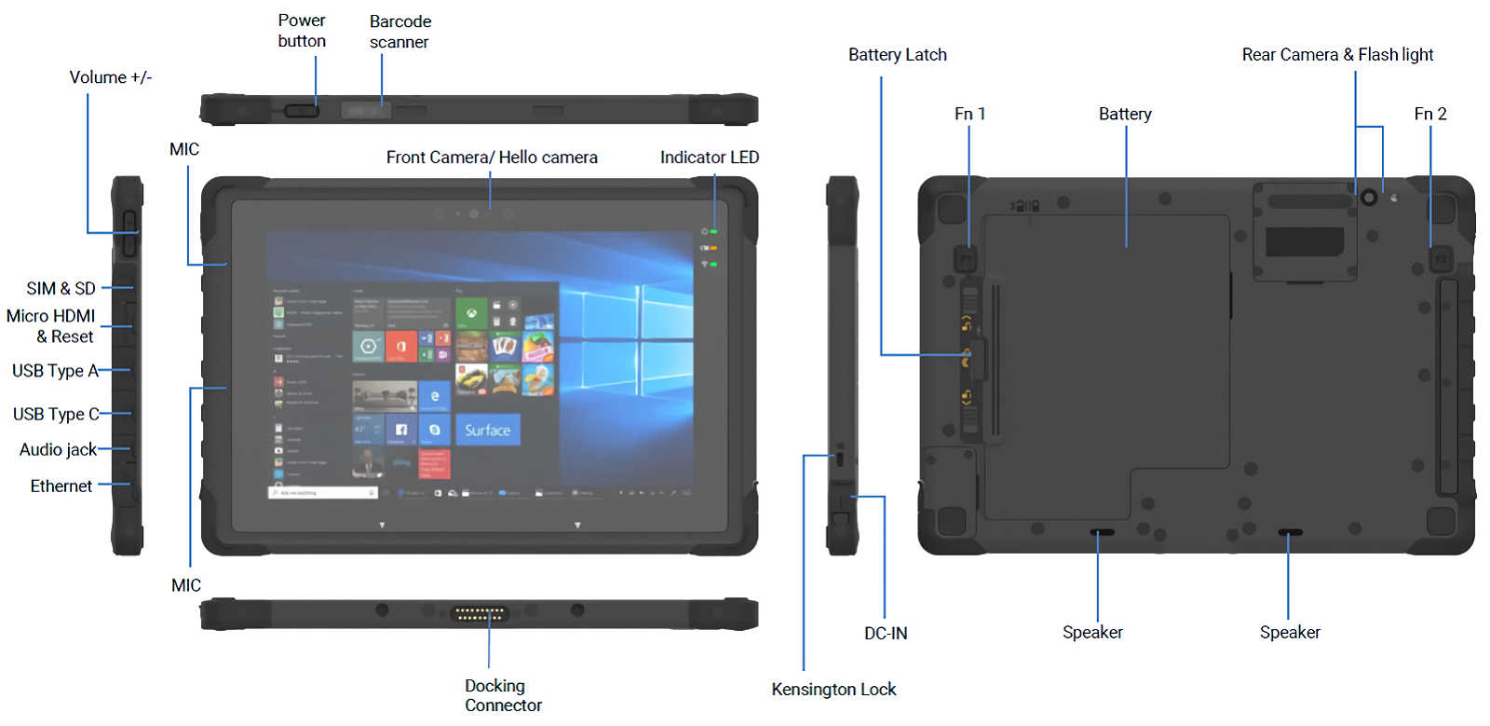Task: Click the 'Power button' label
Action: click(x=302, y=31)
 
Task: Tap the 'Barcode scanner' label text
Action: click(x=400, y=32)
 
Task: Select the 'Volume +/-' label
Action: click(x=110, y=77)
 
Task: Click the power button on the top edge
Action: click(x=301, y=111)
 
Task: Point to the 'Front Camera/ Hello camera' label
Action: click(x=492, y=158)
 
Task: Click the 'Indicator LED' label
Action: click(x=709, y=158)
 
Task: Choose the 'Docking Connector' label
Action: click(x=503, y=695)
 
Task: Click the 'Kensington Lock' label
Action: click(x=833, y=690)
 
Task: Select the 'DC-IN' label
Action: click(x=886, y=634)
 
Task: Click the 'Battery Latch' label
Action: click(x=897, y=55)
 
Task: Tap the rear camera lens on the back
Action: click(x=1368, y=198)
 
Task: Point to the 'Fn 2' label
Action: click(x=1429, y=114)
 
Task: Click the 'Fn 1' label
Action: click(x=969, y=114)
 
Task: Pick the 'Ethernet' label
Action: click(x=61, y=486)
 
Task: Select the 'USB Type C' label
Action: click(x=56, y=414)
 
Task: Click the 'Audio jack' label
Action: click(x=58, y=450)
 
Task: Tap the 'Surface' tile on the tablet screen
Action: click(x=487, y=431)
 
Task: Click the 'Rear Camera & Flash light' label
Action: click(x=1337, y=55)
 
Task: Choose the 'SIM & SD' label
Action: click(x=61, y=289)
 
